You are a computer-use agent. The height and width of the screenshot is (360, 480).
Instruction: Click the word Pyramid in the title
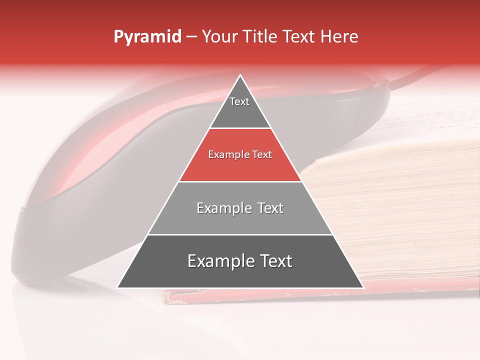147,37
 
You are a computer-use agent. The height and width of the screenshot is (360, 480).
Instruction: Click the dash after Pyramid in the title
191,37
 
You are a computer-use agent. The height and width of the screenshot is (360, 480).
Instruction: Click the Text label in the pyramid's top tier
239,101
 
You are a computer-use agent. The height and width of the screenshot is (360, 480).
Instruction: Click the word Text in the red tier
261,155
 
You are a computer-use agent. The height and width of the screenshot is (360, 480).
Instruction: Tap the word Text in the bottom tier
274,261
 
